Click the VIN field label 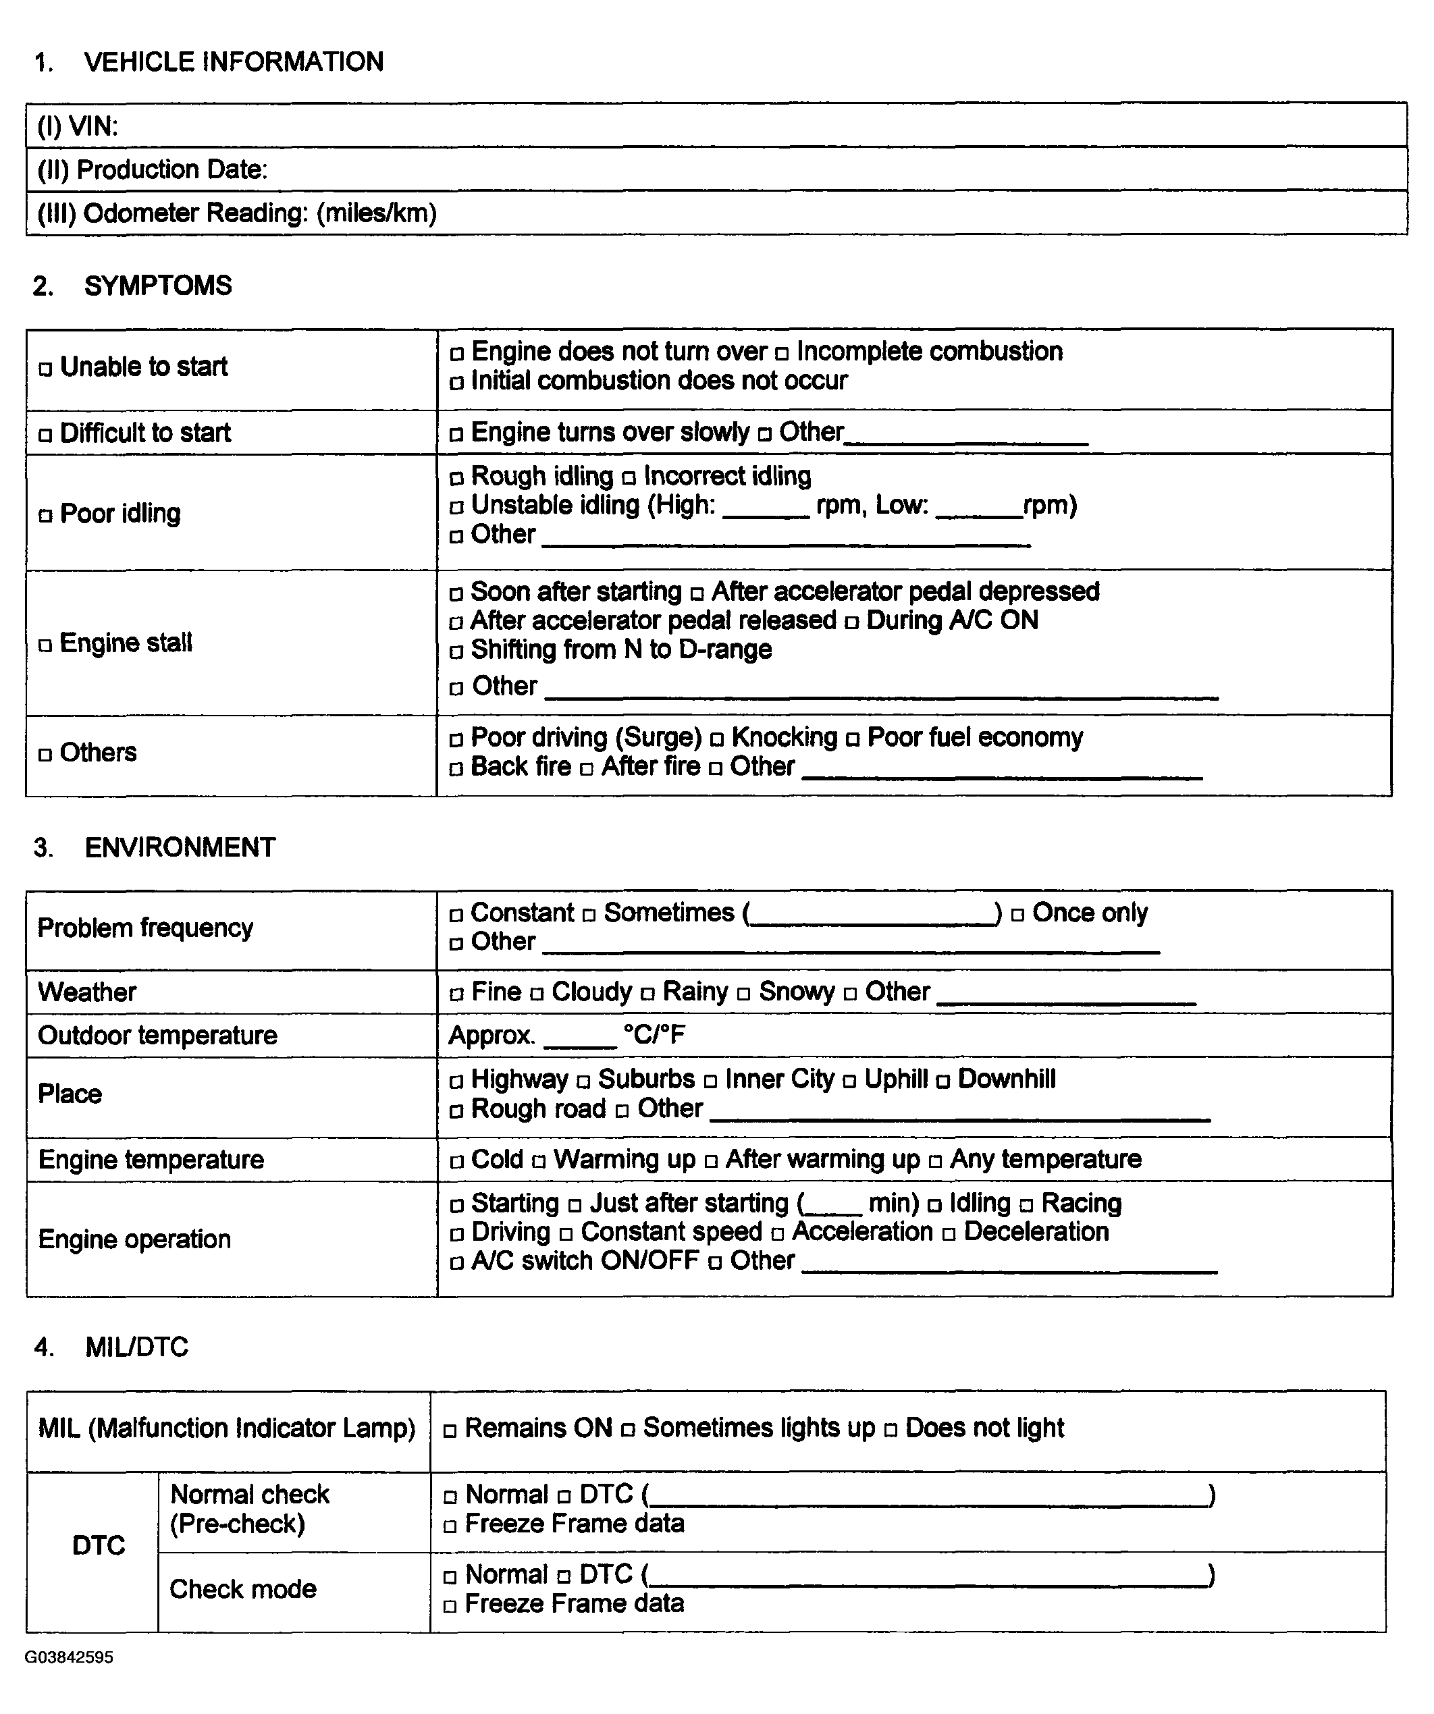point(78,126)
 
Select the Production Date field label point(153,169)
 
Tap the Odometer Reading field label point(237,214)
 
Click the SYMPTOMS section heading point(157,286)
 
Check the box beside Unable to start point(46,369)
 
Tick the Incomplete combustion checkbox point(782,354)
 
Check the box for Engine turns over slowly point(456,434)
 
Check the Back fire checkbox point(456,769)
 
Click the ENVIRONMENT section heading point(180,848)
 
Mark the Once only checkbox point(1017,915)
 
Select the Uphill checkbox point(849,1081)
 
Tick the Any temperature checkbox point(935,1161)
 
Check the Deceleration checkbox point(949,1234)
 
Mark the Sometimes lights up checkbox point(628,1430)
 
